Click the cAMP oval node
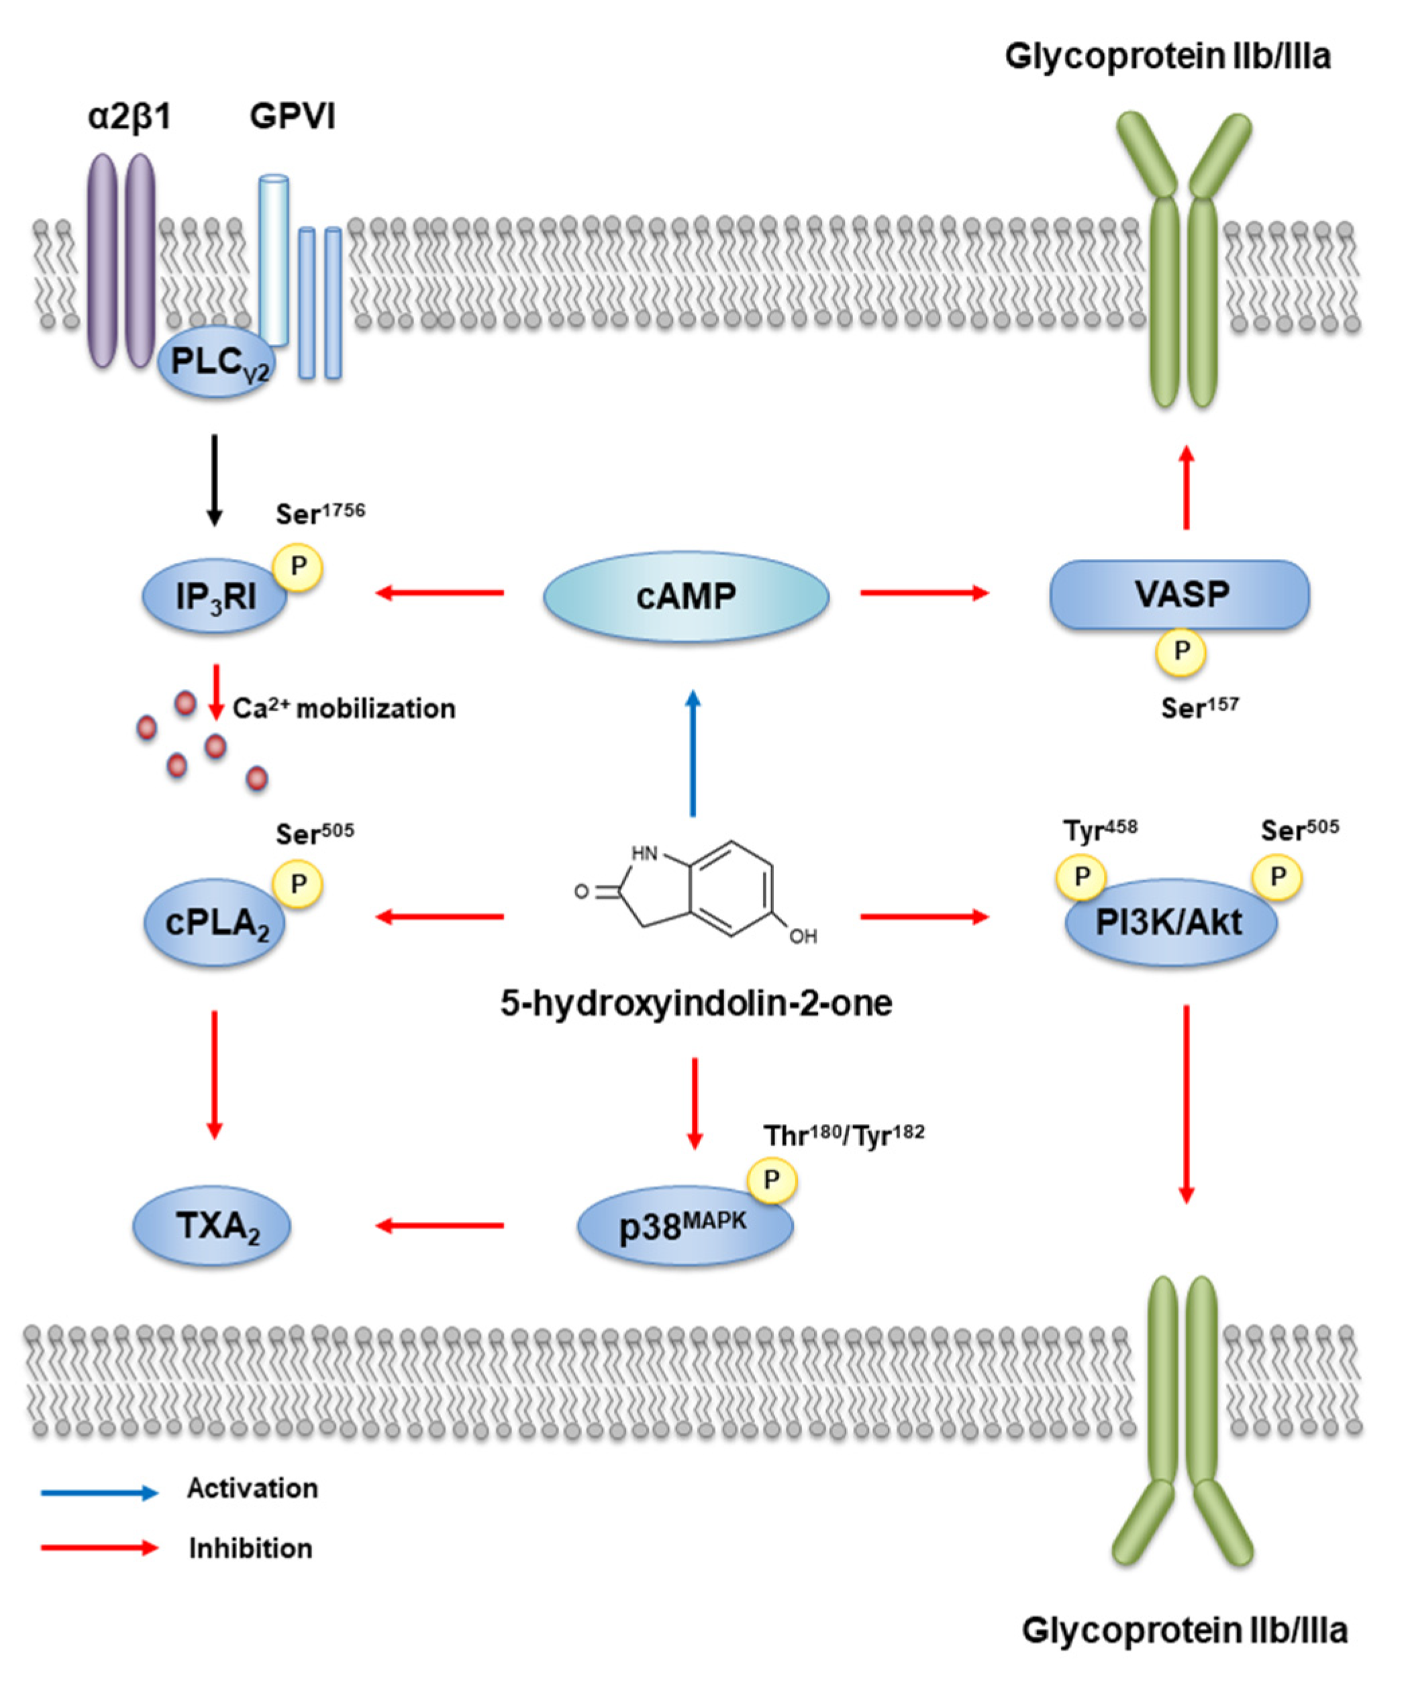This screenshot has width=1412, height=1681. tap(686, 597)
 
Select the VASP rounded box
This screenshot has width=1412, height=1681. tap(1179, 594)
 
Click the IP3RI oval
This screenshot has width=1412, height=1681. tap(213, 597)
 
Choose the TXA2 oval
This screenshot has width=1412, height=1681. tap(211, 1225)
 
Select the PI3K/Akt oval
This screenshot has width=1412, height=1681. tap(1170, 923)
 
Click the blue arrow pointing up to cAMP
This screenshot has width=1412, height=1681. tap(693, 752)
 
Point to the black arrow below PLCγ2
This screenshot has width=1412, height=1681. tap(213, 480)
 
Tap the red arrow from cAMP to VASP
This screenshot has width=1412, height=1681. tap(925, 593)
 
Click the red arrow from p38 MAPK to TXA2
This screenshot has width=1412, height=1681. tap(440, 1225)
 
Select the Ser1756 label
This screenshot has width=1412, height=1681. tap(320, 513)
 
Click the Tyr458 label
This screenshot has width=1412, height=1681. tap(1100, 830)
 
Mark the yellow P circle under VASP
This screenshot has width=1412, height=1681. tap(1180, 652)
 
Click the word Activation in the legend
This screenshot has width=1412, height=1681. tap(252, 1488)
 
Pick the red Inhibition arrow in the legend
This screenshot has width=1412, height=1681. tap(100, 1547)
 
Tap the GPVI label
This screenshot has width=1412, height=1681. tap(292, 117)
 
